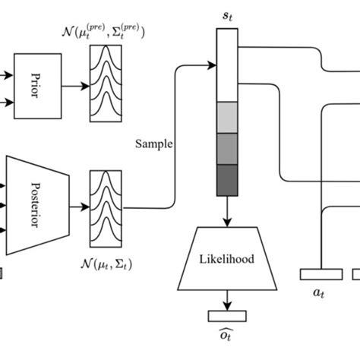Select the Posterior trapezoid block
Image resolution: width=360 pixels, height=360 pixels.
[37, 204]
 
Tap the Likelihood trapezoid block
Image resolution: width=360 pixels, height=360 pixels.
[227, 258]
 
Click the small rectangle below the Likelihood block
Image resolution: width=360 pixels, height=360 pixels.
[226, 314]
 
